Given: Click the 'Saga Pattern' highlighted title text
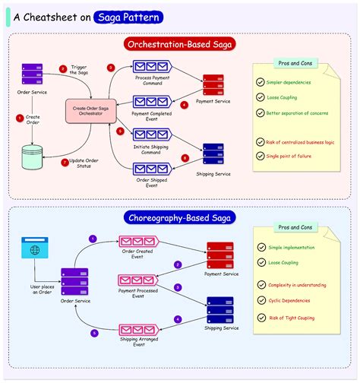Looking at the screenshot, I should [127, 17].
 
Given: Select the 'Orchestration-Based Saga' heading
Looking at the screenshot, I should [180, 45].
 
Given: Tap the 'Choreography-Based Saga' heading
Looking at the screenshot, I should [179, 217].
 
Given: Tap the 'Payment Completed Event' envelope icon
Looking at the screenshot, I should [150, 101].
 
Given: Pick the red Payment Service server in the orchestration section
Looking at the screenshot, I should [213, 84].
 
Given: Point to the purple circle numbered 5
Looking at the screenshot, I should [95, 333].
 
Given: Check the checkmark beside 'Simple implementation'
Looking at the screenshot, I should [261, 247].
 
